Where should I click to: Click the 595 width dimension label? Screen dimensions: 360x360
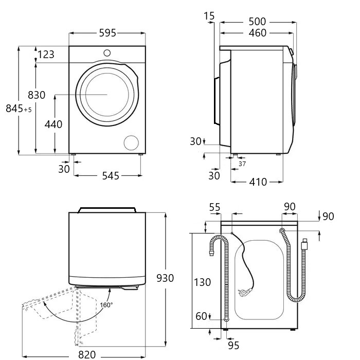pos(107,33)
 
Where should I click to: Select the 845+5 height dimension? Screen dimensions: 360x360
pos(19,109)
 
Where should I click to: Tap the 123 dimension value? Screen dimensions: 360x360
pos(46,54)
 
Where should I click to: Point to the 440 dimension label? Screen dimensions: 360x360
pos(53,124)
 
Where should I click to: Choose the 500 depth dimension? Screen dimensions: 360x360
pos(257,22)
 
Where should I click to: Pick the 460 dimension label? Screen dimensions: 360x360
pos(257,33)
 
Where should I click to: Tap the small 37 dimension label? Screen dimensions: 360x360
pos(243,164)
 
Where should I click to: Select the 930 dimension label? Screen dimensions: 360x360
pos(165,278)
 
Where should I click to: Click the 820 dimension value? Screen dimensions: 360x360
pos(87,354)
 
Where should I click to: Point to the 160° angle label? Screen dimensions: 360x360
pos(106,304)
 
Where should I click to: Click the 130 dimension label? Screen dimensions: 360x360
pos(203,282)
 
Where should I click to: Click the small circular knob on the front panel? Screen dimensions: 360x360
pos(107,52)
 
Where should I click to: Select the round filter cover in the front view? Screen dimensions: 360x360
pos(132,143)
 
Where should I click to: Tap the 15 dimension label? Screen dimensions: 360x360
pos(209,16)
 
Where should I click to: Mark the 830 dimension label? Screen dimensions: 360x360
pos(37,95)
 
